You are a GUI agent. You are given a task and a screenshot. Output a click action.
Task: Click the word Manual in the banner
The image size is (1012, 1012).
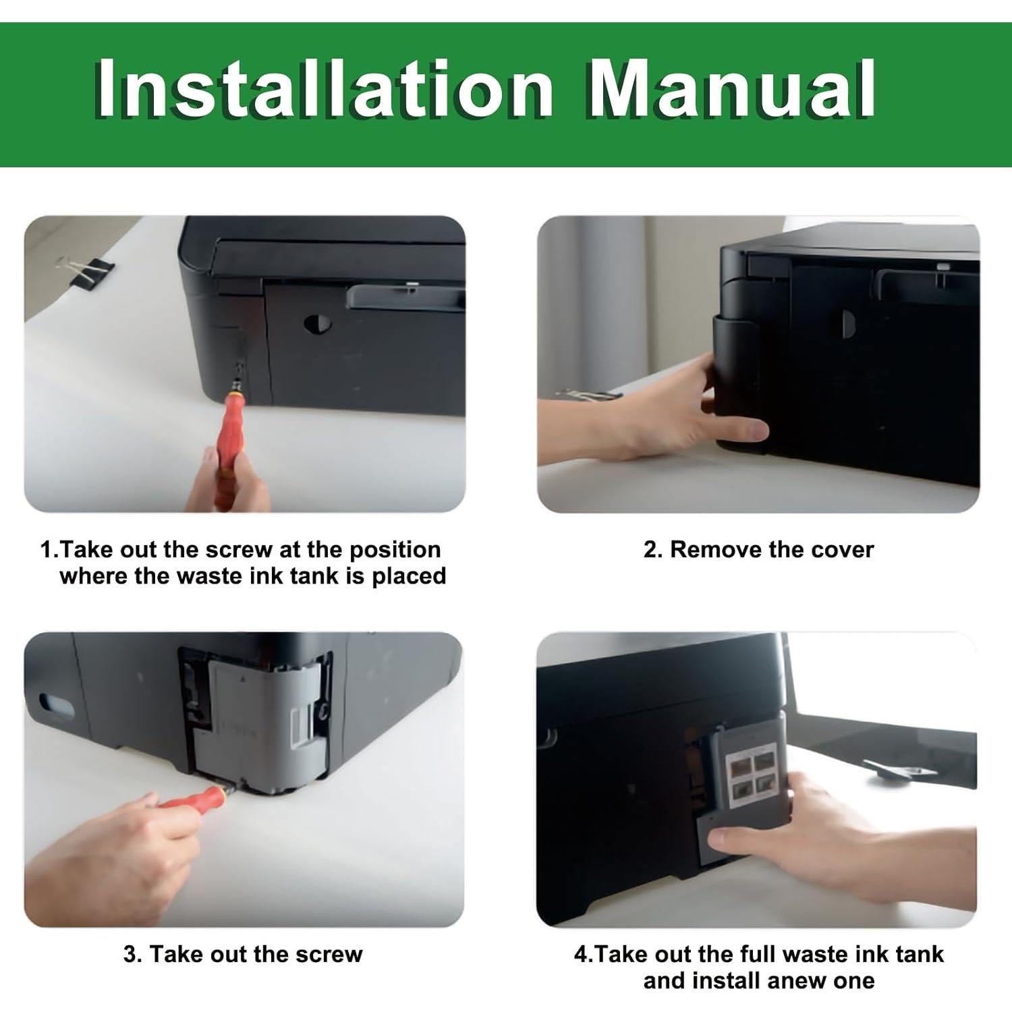[x=732, y=89]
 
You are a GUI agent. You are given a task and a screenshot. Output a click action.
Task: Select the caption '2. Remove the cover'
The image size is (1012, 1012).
[x=758, y=549]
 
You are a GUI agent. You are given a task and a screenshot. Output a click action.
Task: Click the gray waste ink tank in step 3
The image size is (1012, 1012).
[x=260, y=729]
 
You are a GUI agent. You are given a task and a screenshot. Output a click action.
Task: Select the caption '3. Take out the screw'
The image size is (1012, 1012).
[x=243, y=954]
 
